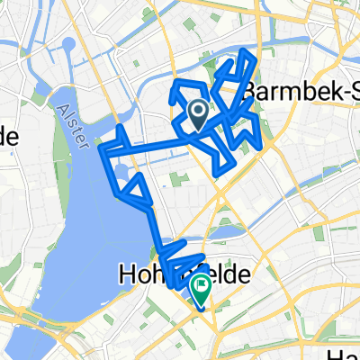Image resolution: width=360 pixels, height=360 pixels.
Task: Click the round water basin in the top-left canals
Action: [70, 43]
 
